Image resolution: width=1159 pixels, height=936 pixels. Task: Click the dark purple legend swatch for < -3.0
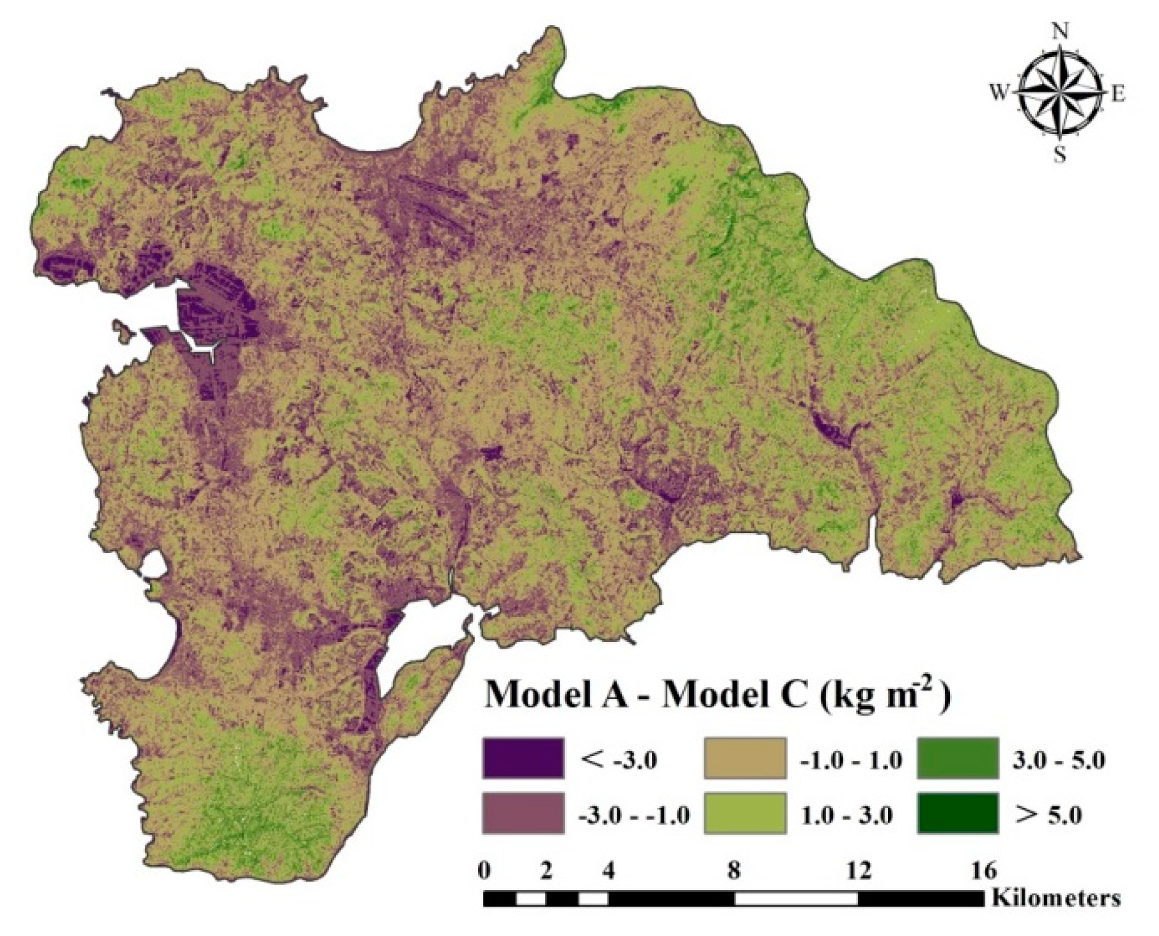[522, 758]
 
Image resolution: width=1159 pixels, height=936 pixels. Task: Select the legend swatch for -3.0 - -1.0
[522, 813]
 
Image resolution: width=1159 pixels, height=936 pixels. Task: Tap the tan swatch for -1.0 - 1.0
[745, 758]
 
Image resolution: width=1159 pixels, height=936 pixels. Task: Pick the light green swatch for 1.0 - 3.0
[745, 813]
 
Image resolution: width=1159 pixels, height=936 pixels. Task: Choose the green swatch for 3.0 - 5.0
[957, 758]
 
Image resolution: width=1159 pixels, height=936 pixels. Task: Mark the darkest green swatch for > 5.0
[957, 813]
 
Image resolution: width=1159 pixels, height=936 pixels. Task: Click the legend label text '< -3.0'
[618, 760]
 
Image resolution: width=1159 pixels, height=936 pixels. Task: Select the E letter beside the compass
[1118, 94]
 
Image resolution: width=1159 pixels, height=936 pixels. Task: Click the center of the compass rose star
[1060, 93]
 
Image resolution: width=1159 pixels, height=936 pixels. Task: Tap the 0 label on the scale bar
[485, 870]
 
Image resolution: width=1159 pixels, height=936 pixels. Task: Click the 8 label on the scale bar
[734, 870]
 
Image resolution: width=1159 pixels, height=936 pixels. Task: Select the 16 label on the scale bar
[983, 870]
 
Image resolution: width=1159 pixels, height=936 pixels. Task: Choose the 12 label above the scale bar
[858, 870]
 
